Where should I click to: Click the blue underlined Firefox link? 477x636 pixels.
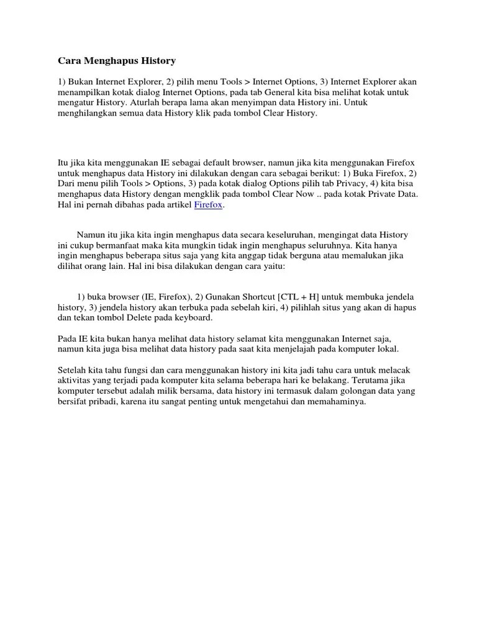click(x=208, y=205)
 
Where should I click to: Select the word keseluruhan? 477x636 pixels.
click(x=294, y=235)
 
